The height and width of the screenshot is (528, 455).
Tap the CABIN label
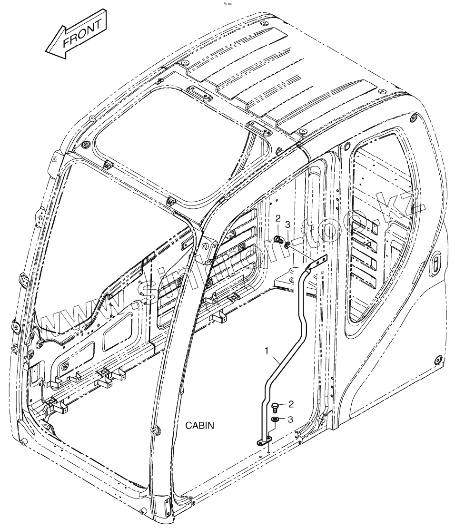(x=199, y=425)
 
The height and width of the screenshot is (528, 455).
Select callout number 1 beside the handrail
(x=267, y=351)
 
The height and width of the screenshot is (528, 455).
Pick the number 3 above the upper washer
(x=287, y=224)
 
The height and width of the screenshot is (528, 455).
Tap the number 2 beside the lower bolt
(x=291, y=404)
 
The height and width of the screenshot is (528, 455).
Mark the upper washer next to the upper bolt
(x=287, y=244)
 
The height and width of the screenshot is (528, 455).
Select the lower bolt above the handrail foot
(x=275, y=407)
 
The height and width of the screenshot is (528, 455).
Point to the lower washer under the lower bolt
(x=275, y=420)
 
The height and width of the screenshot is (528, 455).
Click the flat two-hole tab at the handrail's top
(x=319, y=261)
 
